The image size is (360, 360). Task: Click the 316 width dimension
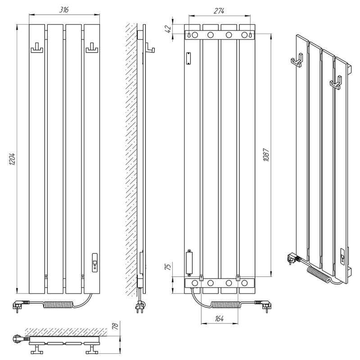64,9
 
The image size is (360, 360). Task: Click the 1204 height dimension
12,159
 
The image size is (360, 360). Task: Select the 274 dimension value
219,11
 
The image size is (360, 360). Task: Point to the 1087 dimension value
266,155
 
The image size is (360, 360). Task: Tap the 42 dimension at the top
168,28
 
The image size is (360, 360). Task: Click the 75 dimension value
168,266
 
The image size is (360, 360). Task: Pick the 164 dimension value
219,319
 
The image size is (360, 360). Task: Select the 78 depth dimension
115,325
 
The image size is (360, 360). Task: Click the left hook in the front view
37,48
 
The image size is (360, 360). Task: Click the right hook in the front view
92,48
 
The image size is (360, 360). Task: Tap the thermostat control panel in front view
95,263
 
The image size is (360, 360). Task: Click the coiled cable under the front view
59,305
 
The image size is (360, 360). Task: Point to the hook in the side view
150,48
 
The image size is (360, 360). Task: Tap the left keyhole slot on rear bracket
189,35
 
